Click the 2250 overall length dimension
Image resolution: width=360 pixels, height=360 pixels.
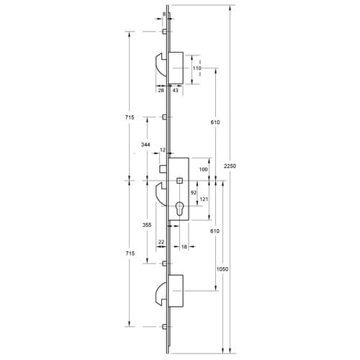click(230, 166)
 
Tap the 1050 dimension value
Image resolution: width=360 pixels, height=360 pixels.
click(222, 269)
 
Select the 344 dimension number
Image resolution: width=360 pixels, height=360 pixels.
click(145, 145)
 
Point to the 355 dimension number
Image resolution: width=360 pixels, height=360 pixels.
click(147, 225)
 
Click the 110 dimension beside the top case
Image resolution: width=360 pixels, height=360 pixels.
click(197, 68)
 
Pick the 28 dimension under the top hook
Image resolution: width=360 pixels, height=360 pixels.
click(161, 90)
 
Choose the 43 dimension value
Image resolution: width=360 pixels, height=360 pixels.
click(176, 90)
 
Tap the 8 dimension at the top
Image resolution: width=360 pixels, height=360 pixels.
click(164, 14)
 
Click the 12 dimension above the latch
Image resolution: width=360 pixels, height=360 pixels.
click(163, 150)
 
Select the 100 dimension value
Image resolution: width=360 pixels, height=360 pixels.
click(203, 169)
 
